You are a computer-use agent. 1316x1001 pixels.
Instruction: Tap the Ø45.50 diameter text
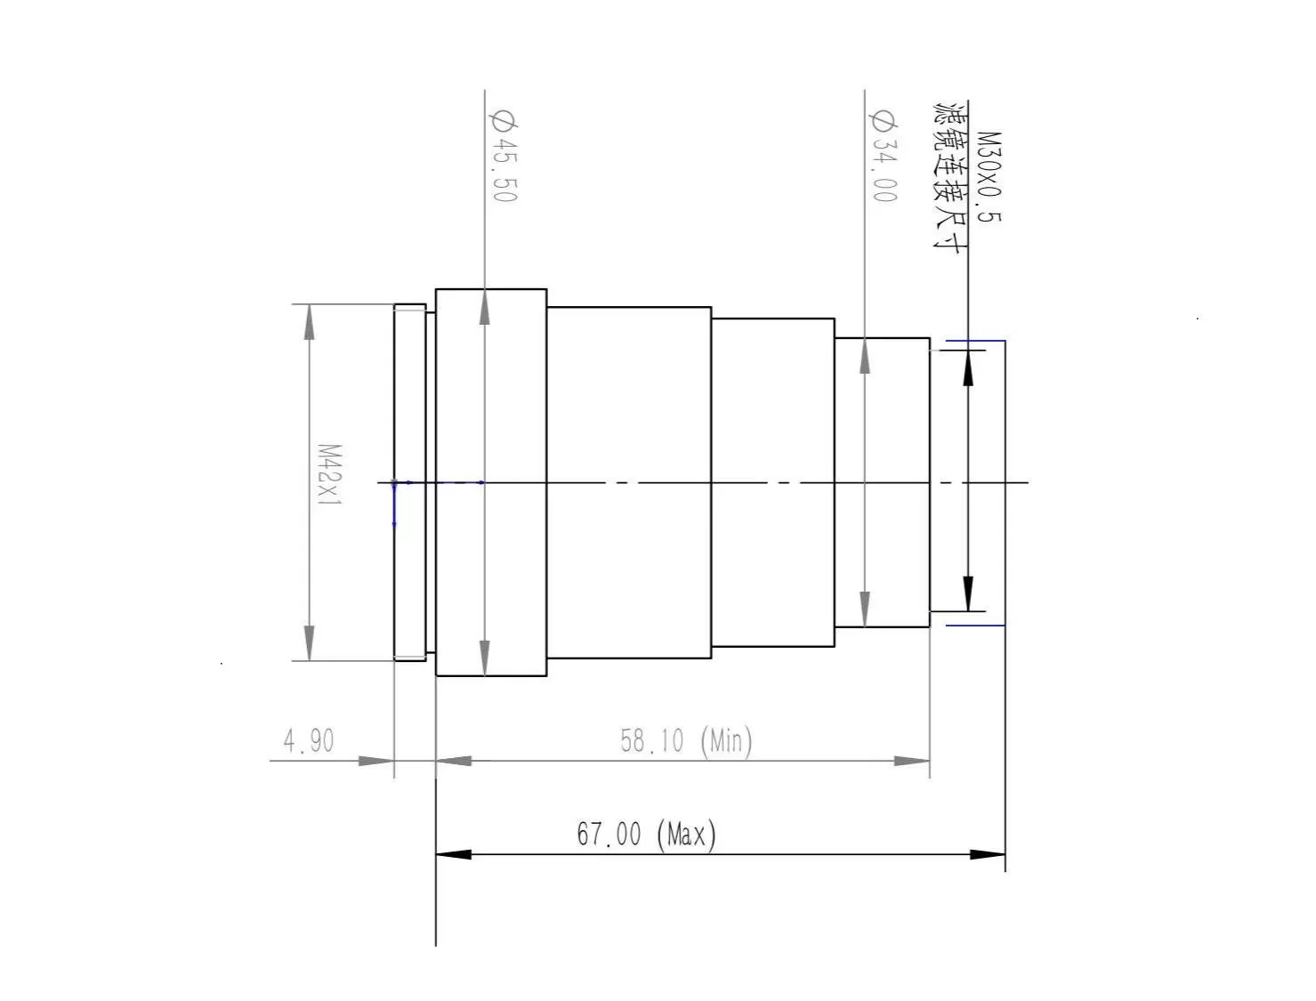505,156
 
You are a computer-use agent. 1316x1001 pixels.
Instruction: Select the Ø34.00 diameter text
884,156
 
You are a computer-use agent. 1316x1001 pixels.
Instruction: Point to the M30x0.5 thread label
988,177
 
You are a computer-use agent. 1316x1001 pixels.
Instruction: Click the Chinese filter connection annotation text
949,177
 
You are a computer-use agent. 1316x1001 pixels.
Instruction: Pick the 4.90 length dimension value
308,741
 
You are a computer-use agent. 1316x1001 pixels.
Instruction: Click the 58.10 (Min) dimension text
686,741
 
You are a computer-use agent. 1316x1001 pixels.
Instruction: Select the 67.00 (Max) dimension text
646,835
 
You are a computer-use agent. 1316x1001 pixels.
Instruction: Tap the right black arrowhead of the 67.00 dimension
988,854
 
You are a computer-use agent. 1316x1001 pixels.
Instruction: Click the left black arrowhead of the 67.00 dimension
453,854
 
